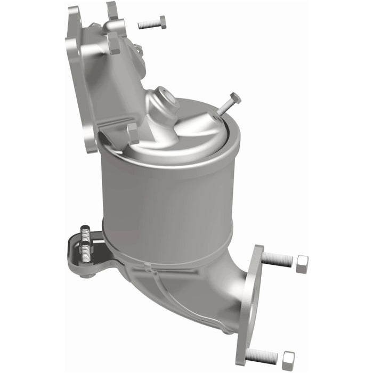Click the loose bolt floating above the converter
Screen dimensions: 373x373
click(152, 23)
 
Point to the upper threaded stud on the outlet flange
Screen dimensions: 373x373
click(277, 260)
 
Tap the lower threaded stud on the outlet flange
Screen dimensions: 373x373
click(262, 355)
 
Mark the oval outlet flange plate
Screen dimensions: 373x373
click(249, 304)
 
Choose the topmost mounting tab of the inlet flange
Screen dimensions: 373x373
click(112, 10)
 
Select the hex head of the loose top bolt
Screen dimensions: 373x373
click(162, 22)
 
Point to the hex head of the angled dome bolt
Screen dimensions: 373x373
click(234, 99)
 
